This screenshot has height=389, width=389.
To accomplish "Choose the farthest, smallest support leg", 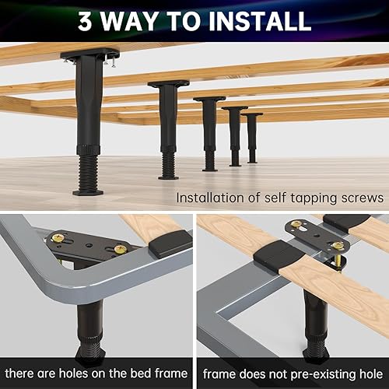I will [x=251, y=138].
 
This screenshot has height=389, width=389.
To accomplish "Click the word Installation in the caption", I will [x=212, y=198].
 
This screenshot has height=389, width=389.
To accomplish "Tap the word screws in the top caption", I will [x=361, y=198].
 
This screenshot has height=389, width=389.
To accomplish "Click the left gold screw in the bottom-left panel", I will [x=58, y=237].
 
